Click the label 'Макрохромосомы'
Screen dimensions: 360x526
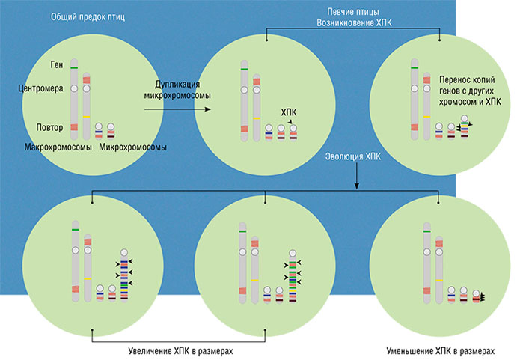point(58,147)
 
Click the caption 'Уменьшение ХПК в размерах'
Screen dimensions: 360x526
point(440,350)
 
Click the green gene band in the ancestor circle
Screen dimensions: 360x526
point(75,68)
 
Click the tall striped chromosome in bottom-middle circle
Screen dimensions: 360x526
point(293,276)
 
